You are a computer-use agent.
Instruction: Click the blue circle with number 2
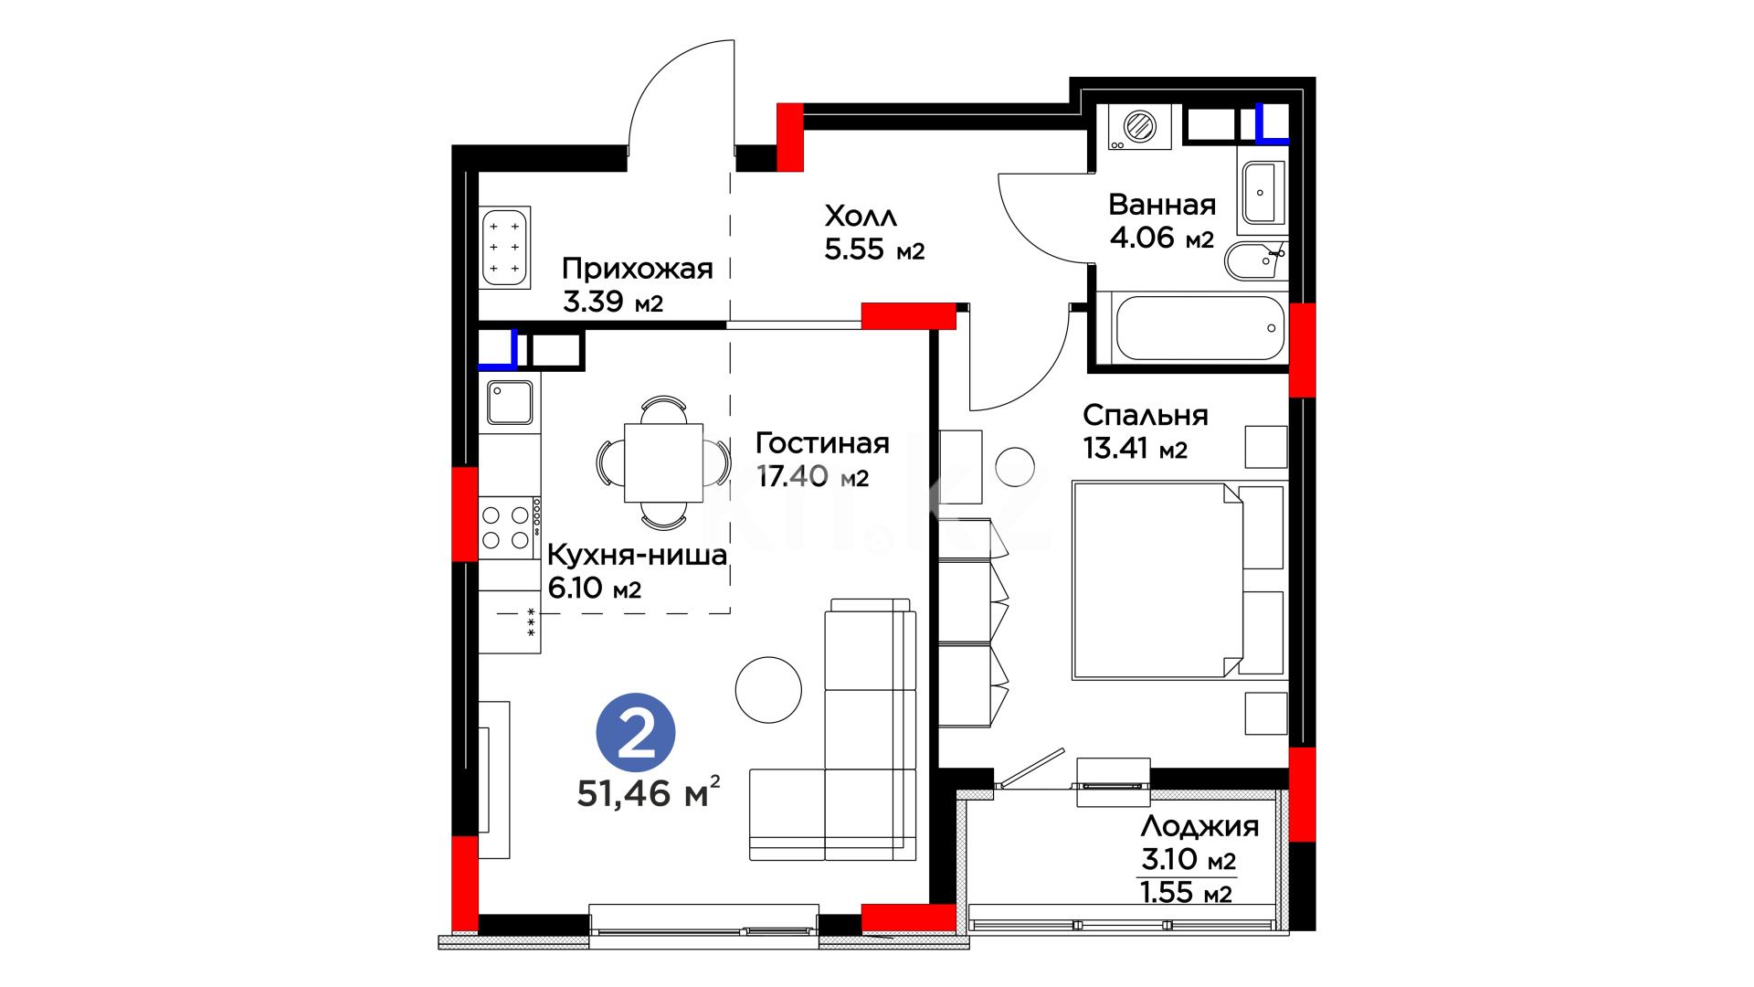tap(636, 732)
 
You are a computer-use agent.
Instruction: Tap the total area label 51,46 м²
tap(649, 792)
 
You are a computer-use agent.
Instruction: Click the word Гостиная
tap(822, 443)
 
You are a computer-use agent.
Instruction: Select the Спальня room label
tap(1146, 416)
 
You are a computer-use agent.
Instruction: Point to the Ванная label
tap(1162, 205)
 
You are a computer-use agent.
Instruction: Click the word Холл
tap(861, 217)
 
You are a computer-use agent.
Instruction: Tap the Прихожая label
tap(638, 269)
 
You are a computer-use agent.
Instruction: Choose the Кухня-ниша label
tap(637, 555)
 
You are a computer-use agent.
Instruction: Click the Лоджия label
tap(1199, 827)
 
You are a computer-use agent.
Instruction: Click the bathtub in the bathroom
tap(1199, 328)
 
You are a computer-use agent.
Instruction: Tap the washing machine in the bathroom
tap(1139, 126)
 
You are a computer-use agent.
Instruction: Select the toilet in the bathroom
tap(1255, 260)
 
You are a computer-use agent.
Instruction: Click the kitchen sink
tap(510, 402)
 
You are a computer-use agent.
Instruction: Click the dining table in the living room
tap(664, 463)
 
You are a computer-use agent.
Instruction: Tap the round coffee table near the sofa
tap(768, 690)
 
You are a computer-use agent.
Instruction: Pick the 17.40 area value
tap(792, 476)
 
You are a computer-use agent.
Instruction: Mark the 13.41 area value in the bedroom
tap(1115, 449)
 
